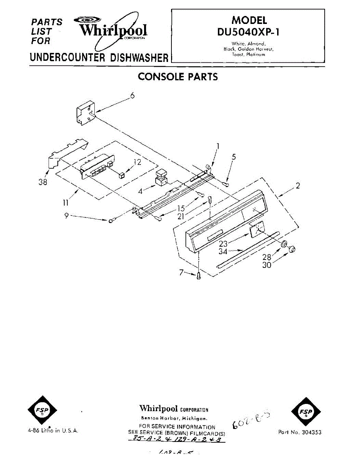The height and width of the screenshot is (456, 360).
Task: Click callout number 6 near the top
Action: [132, 96]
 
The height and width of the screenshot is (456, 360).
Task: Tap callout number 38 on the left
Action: [43, 182]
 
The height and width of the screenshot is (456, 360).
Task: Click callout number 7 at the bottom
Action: [181, 272]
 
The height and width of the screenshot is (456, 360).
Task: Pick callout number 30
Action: [267, 265]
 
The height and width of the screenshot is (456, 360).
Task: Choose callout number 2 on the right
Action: [298, 186]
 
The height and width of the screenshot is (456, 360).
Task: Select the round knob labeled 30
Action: [292, 249]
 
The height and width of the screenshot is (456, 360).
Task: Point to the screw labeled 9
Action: [112, 220]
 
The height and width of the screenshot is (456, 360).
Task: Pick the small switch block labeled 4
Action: [161, 177]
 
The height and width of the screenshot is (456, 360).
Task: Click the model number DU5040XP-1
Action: [249, 32]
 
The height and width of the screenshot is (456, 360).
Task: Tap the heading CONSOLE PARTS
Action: [178, 77]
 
